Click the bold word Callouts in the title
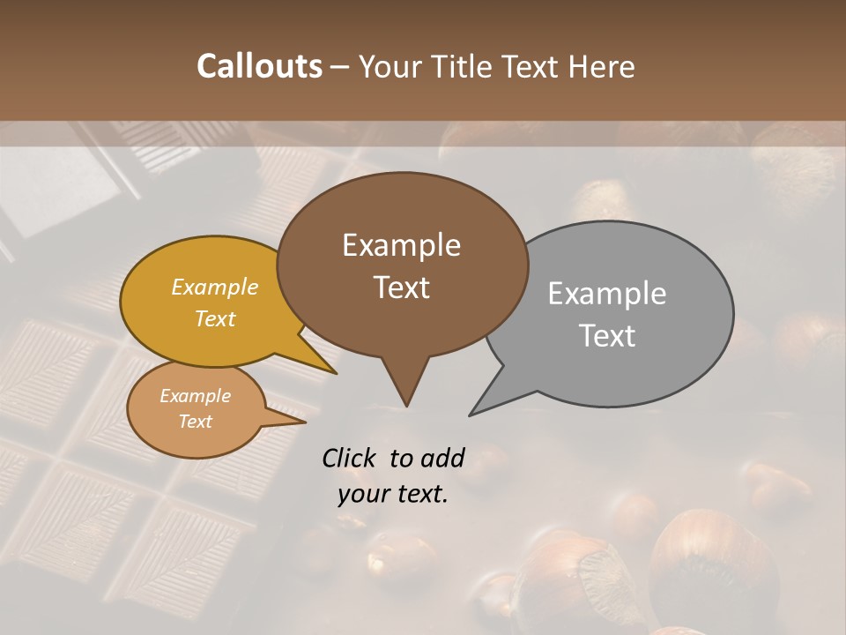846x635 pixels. (x=259, y=66)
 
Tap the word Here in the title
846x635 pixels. (x=603, y=66)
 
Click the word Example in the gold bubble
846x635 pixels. (x=215, y=287)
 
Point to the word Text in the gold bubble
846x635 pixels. (x=215, y=318)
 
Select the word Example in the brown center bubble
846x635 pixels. (x=401, y=245)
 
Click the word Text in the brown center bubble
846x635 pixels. (x=401, y=287)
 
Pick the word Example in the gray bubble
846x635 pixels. (x=607, y=294)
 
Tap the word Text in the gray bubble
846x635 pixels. (x=607, y=335)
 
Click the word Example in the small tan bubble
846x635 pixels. (x=195, y=396)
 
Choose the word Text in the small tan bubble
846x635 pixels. (x=195, y=422)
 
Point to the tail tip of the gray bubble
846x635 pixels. (x=471, y=415)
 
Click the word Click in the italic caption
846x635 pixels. (x=351, y=458)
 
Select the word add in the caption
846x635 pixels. (x=442, y=458)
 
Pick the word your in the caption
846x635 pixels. (x=364, y=494)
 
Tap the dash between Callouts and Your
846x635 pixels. (x=340, y=66)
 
